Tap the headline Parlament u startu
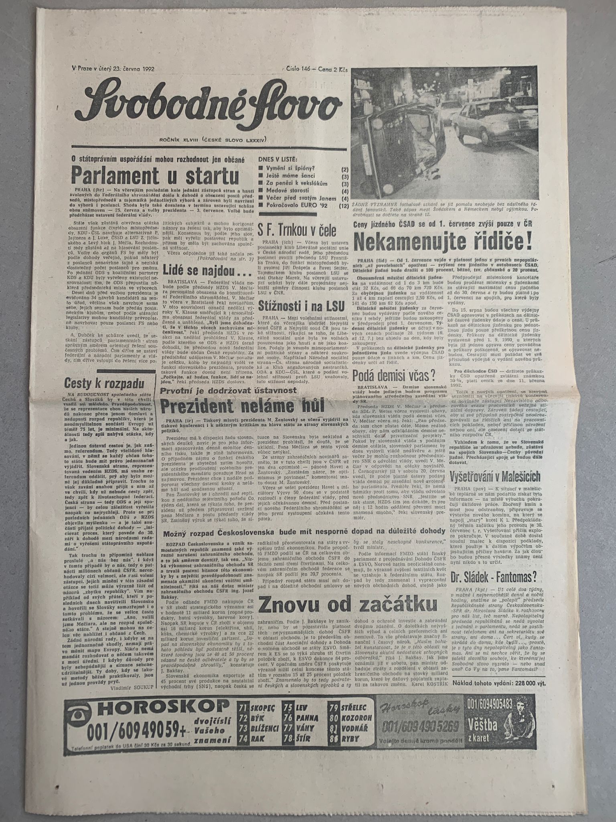(x=155, y=175)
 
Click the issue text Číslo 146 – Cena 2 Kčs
(x=317, y=69)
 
